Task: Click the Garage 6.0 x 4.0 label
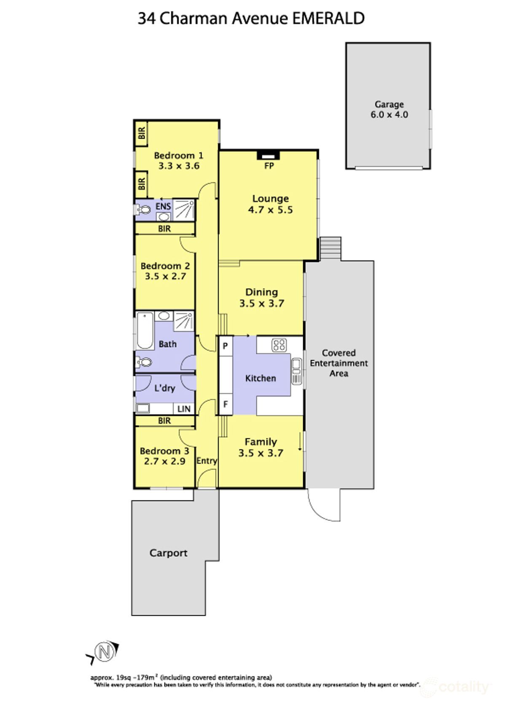click(x=389, y=110)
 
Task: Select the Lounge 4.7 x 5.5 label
click(x=270, y=204)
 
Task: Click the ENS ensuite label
click(x=163, y=206)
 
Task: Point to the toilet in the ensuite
click(x=143, y=210)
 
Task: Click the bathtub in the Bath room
click(x=145, y=331)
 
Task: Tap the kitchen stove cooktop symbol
click(x=279, y=345)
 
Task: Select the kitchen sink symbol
click(x=296, y=371)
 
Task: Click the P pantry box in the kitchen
click(x=226, y=346)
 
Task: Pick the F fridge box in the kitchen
click(x=226, y=404)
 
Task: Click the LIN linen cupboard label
click(x=184, y=409)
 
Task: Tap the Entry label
click(x=207, y=461)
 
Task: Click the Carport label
click(x=168, y=553)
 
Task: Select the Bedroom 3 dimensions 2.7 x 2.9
click(x=164, y=461)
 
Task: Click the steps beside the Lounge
click(x=331, y=248)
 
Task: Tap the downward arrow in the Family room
click(x=300, y=441)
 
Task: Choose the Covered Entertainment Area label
click(x=339, y=363)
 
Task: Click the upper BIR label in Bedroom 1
click(x=142, y=134)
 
